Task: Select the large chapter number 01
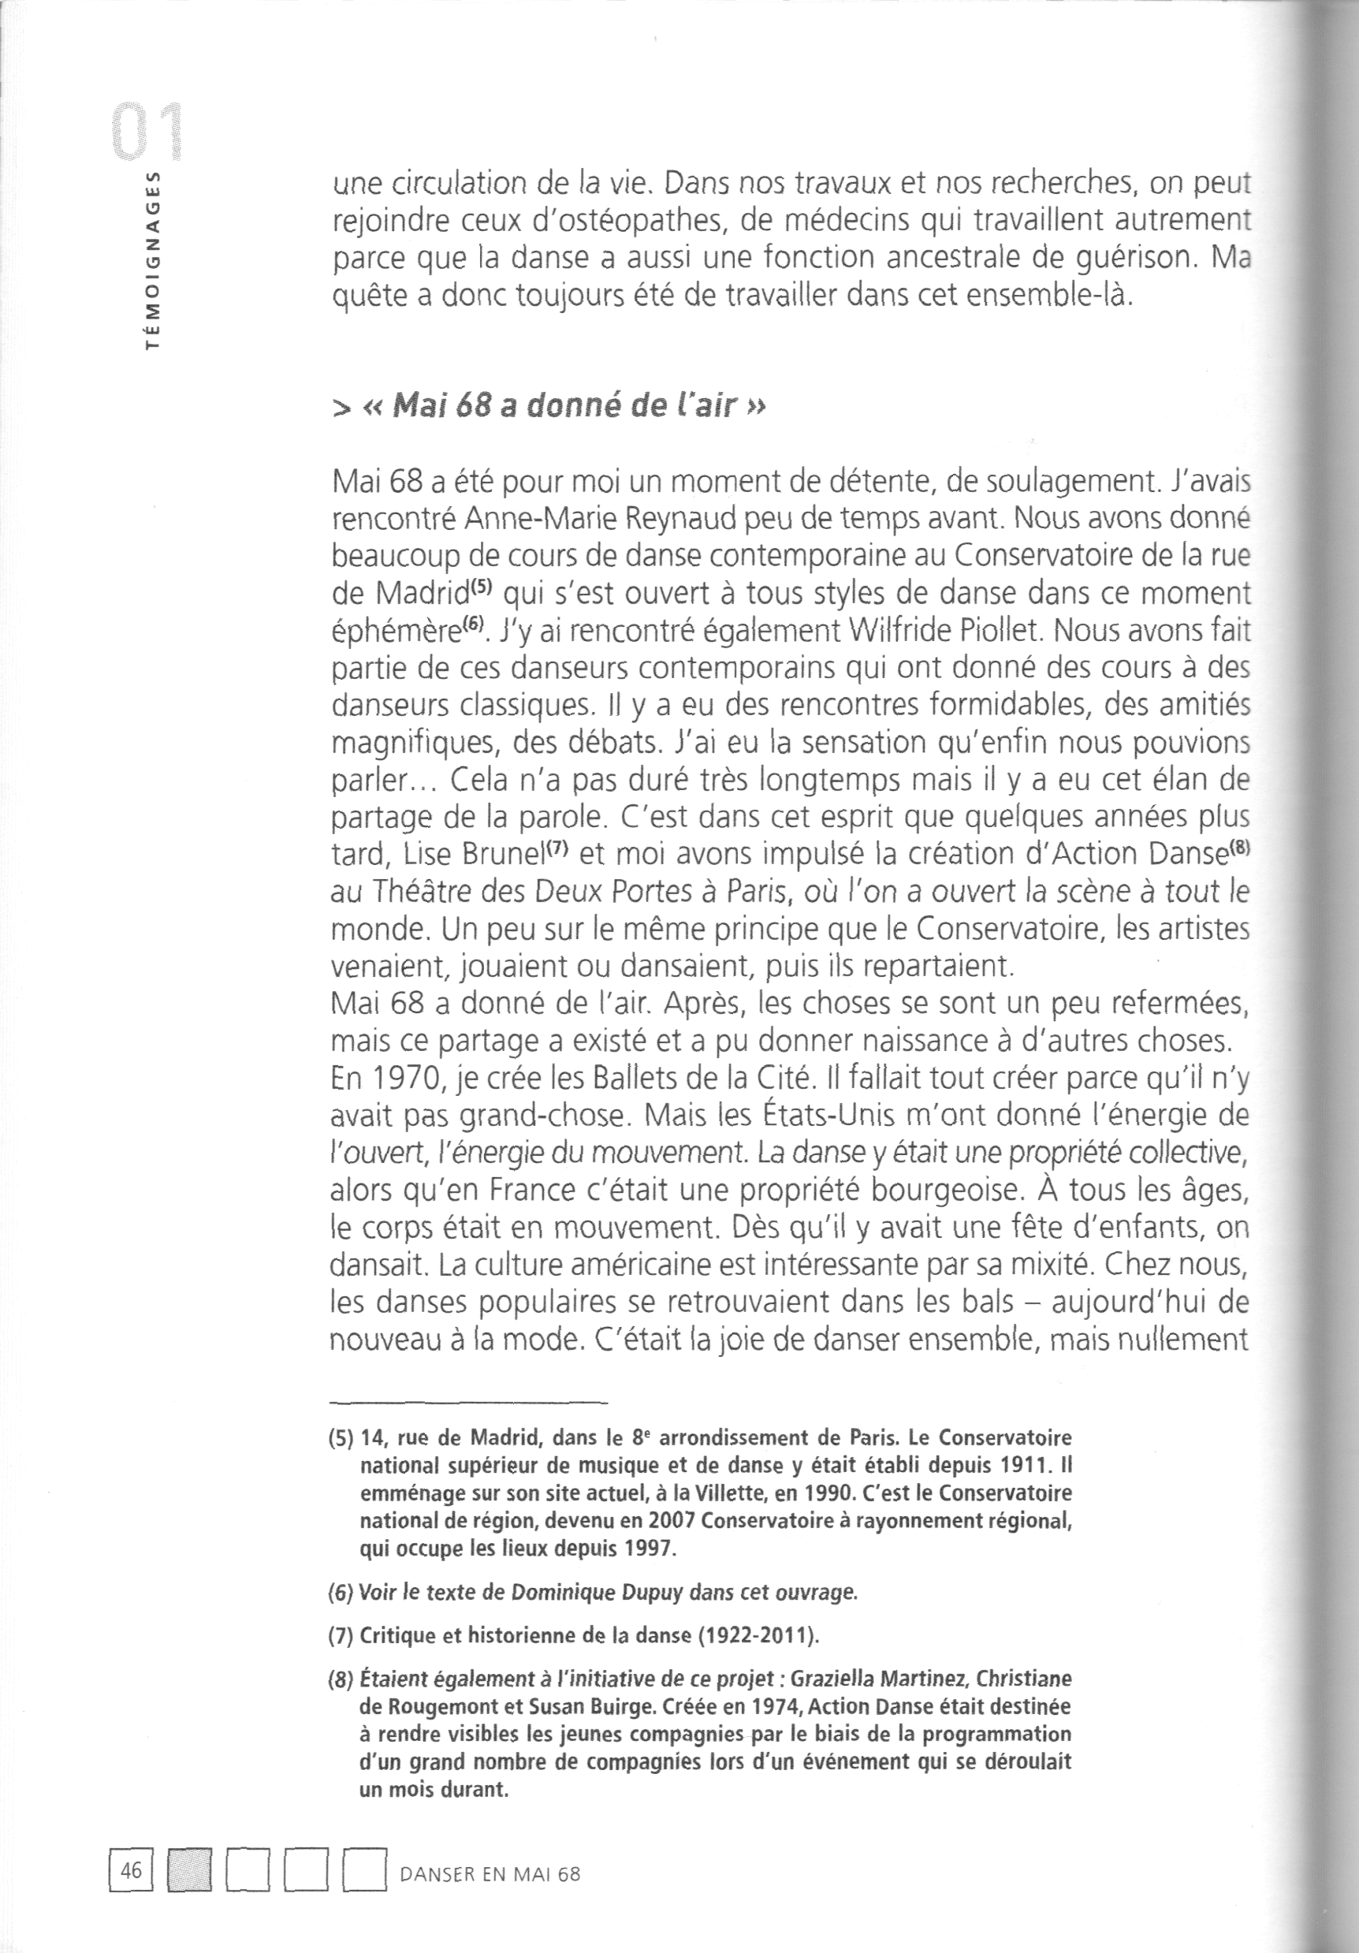coord(151,132)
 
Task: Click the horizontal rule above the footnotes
coord(468,1402)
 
